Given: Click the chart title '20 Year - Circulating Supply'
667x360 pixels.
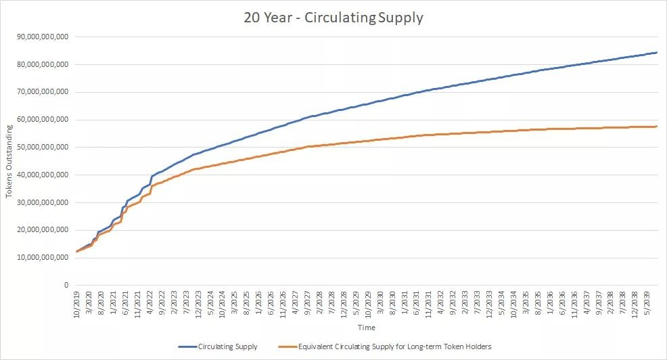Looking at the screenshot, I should point(333,18).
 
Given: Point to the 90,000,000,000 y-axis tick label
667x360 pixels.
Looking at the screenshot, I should point(43,37).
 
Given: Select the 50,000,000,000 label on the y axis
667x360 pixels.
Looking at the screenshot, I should point(43,147).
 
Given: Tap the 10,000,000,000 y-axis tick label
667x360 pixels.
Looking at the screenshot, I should point(43,258).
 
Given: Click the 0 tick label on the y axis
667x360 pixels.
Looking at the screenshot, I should point(66,286).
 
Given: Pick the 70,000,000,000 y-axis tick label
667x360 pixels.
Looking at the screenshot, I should point(43,92).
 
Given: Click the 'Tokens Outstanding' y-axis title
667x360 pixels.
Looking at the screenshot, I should point(9,161).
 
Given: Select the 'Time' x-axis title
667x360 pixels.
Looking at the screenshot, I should point(366,328).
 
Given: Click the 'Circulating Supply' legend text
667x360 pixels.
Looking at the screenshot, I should point(228,347).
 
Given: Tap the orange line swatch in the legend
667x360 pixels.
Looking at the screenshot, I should point(288,347).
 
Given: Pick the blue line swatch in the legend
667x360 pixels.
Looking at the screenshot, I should point(187,347).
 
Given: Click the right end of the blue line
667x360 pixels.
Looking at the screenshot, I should point(657,52).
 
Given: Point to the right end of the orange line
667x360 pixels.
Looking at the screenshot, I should point(657,127).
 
